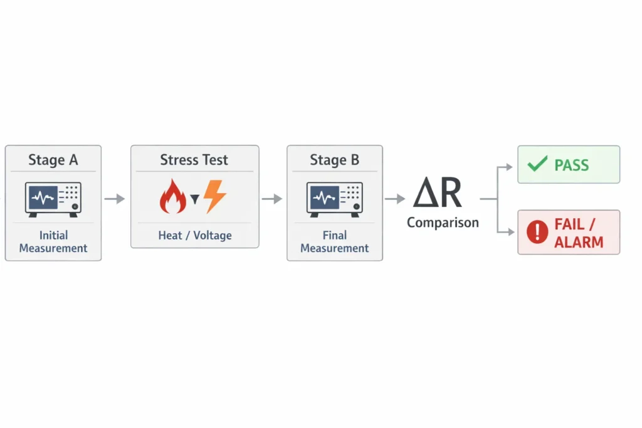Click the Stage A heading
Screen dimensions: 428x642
53,160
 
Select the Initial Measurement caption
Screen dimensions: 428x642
53,242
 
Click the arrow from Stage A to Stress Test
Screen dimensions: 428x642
115,199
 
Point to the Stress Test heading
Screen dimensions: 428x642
194,160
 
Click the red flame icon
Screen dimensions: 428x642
173,197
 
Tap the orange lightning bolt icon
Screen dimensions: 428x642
214,197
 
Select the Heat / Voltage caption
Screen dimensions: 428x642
194,236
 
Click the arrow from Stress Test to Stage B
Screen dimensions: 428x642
272,199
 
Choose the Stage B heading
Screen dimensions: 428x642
335,160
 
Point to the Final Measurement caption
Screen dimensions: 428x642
335,242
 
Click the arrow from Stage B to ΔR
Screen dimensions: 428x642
395,199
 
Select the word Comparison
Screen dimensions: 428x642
443,222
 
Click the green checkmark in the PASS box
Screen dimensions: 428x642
537,165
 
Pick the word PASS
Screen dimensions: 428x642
572,165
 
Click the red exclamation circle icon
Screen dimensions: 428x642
537,232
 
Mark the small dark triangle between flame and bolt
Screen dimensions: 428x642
194,199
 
